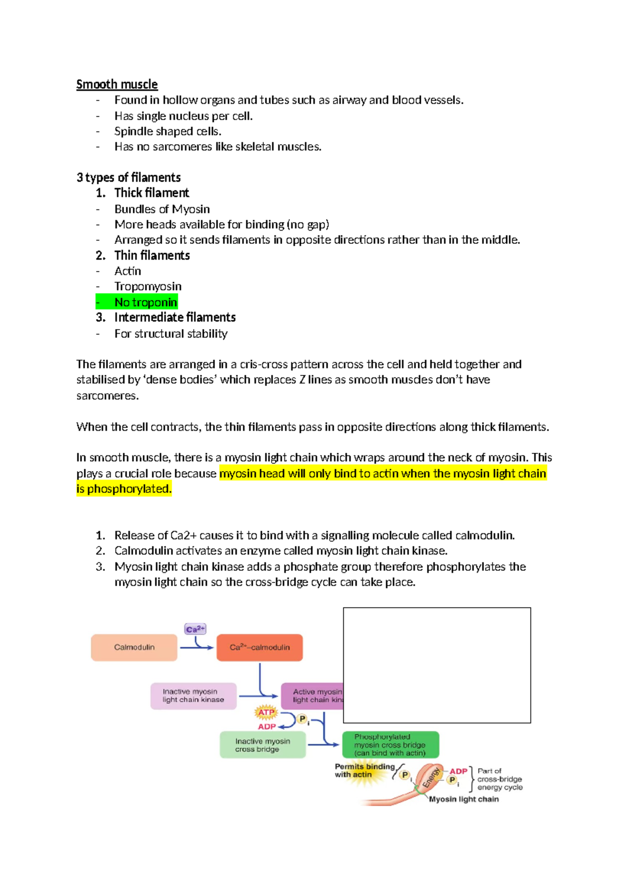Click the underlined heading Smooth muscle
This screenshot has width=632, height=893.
116,85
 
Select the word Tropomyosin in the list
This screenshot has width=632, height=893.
147,286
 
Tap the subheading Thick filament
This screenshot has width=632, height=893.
151,193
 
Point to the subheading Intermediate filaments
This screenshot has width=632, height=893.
174,317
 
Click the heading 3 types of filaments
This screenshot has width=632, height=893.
129,177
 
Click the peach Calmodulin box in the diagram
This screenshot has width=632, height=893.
134,647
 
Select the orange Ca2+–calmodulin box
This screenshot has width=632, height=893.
259,647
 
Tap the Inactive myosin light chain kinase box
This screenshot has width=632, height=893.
193,696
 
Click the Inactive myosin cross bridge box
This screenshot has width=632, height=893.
262,745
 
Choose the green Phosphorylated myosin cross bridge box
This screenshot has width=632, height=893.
390,745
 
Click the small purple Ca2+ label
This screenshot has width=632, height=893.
195,629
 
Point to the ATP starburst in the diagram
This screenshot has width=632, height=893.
266,712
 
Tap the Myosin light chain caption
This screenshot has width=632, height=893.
463,799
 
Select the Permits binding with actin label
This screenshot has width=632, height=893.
364,771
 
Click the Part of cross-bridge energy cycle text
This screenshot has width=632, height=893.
499,779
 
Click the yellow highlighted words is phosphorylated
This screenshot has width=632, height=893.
124,489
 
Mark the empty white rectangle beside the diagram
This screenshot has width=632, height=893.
437,665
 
